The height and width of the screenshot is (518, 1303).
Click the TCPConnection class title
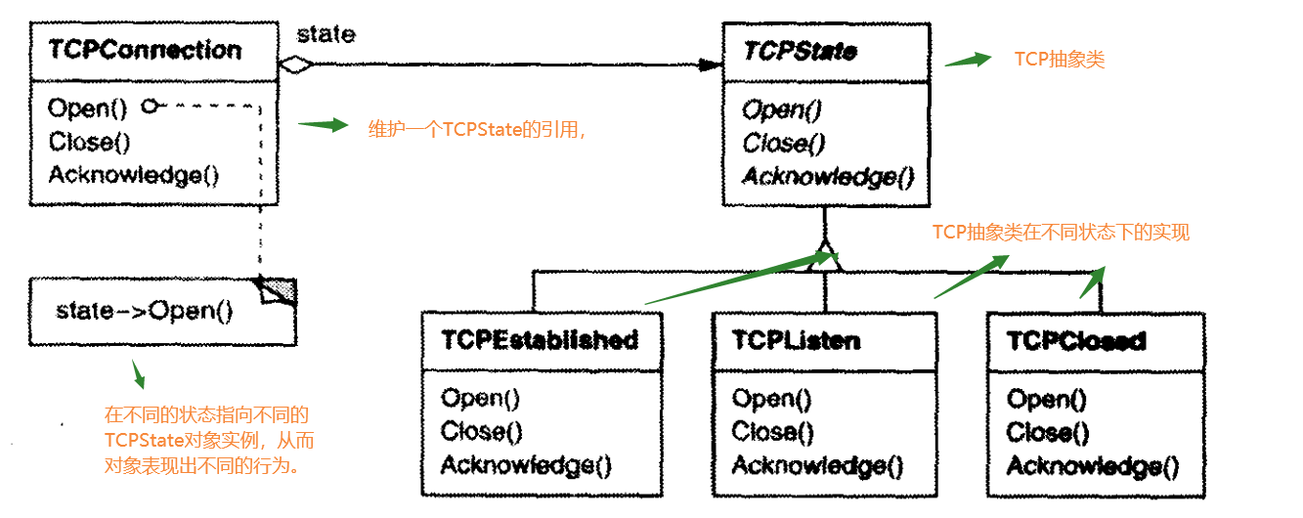[x=145, y=50]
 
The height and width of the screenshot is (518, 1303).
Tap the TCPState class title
[x=800, y=51]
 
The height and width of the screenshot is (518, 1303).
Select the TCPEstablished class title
[x=540, y=340]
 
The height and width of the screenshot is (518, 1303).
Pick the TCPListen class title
[x=796, y=340]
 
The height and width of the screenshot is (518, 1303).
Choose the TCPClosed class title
[x=1076, y=341]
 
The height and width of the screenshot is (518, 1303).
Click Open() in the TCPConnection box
[x=89, y=108]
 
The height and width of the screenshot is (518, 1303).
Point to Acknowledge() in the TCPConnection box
[x=134, y=175]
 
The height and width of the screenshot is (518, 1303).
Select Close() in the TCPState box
[x=784, y=144]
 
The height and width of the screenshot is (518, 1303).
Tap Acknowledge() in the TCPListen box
[x=817, y=465]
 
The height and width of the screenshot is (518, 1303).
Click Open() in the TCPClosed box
[x=1047, y=399]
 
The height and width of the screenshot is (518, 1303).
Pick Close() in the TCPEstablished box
[x=482, y=431]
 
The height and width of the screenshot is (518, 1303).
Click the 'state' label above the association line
[x=326, y=35]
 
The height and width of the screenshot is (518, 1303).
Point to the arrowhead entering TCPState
[x=711, y=65]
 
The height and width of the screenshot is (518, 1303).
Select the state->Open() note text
[x=145, y=312]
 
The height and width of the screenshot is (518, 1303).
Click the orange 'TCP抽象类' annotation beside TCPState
[x=1059, y=60]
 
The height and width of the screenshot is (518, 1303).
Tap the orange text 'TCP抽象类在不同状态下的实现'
[x=1061, y=233]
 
